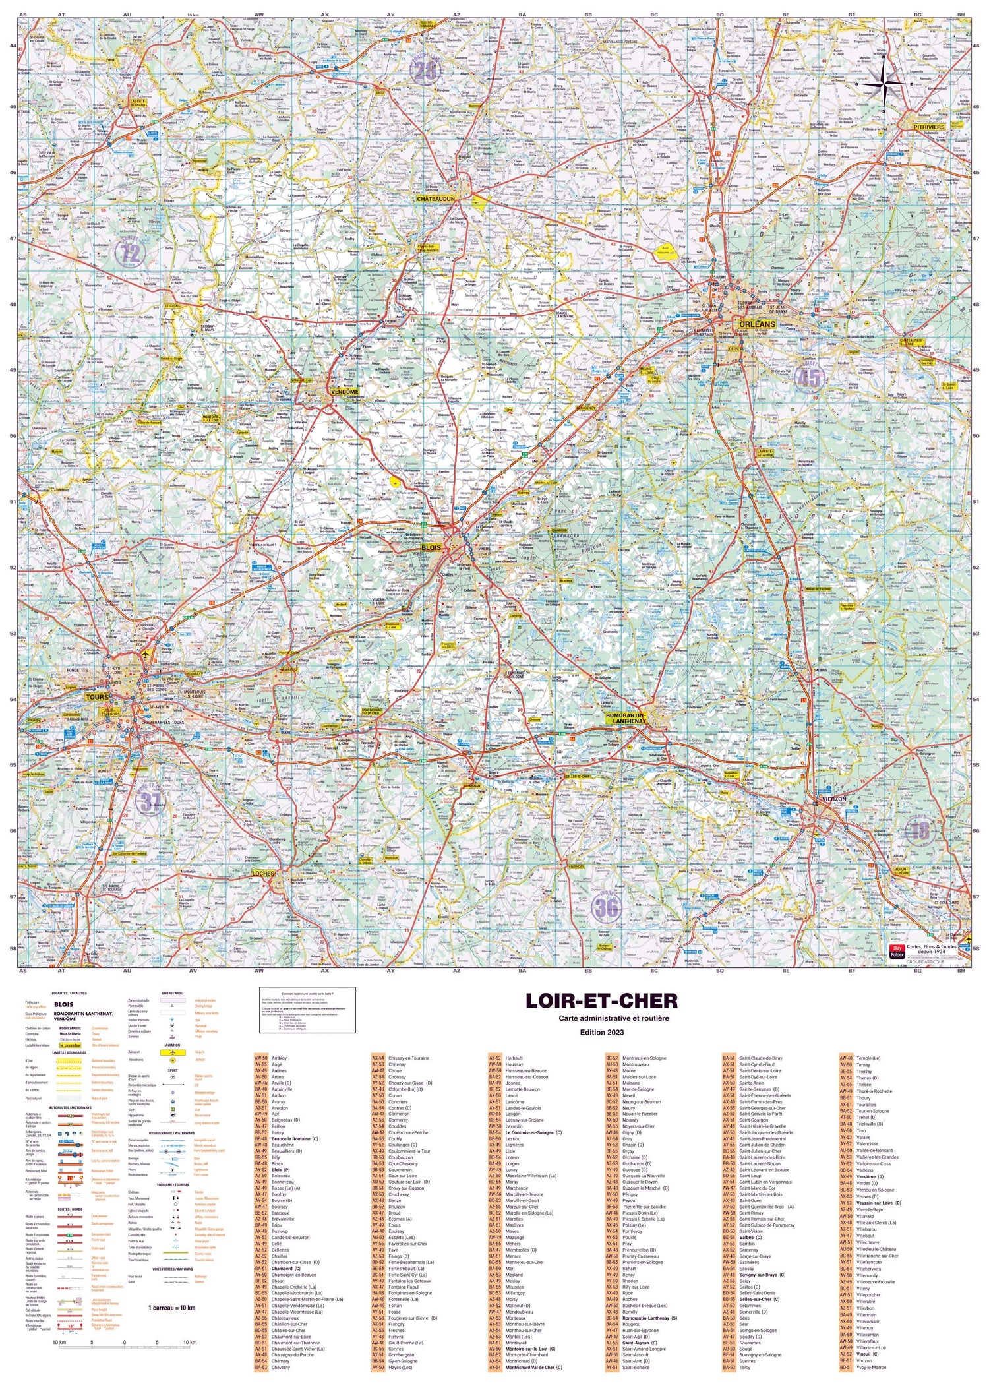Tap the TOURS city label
click(96, 696)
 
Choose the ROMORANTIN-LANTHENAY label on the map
click(626, 717)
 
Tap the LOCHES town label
click(262, 874)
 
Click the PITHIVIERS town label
click(929, 127)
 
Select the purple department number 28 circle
click(425, 71)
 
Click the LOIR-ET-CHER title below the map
click(601, 1001)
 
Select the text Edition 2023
click(601, 1032)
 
